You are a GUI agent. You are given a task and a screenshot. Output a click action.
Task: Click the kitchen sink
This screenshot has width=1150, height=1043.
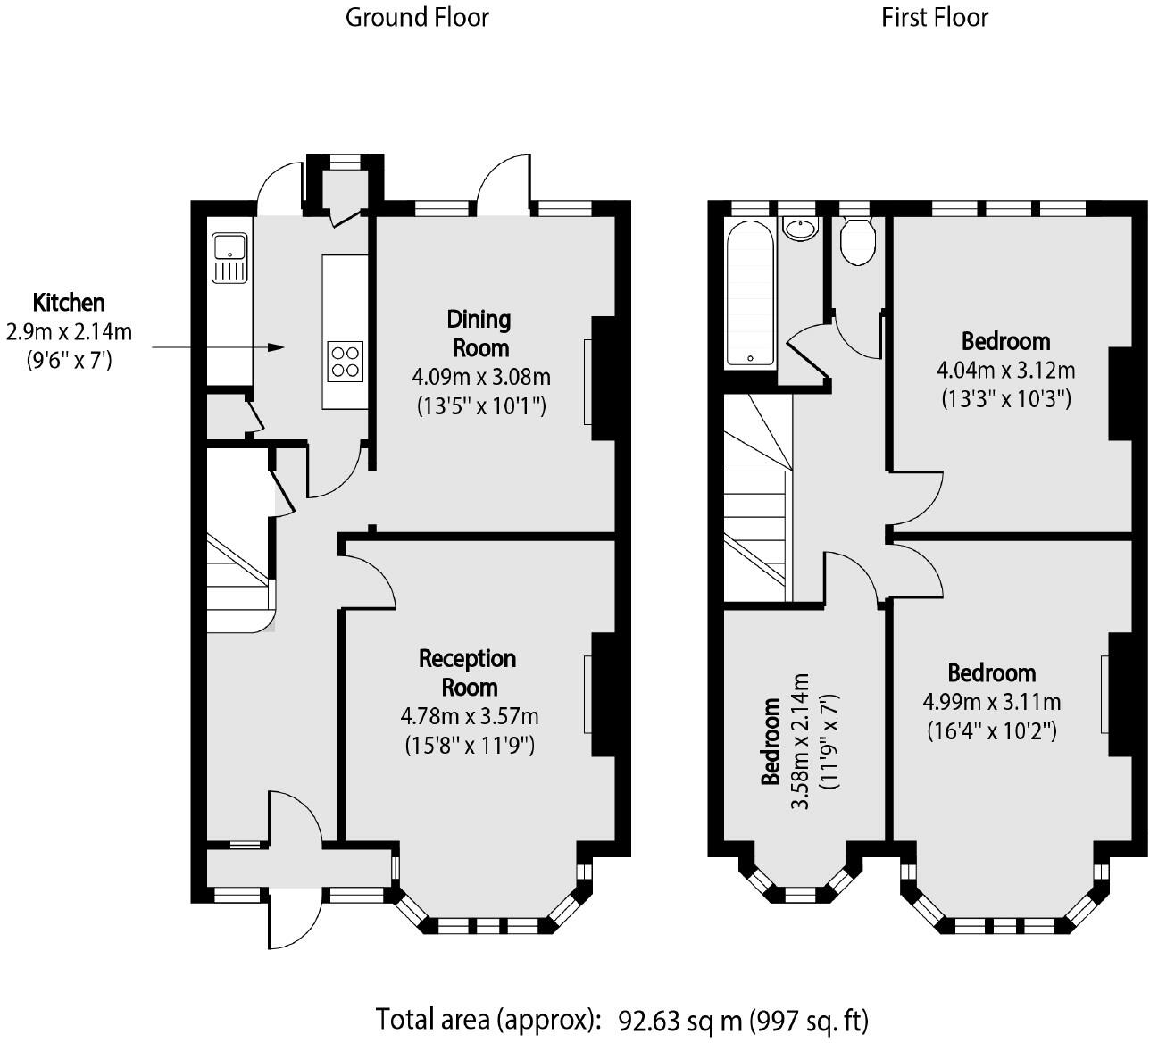pyautogui.click(x=229, y=256)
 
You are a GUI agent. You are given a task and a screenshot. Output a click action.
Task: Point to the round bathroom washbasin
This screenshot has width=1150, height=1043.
pyautogui.click(x=801, y=227)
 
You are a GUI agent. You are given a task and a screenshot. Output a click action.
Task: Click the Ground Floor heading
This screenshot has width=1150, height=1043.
pyautogui.click(x=417, y=17)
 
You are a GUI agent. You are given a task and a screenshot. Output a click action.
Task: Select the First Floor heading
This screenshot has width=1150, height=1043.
pyautogui.click(x=935, y=17)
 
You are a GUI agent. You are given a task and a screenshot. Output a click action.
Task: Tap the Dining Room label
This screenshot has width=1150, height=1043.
pyautogui.click(x=479, y=332)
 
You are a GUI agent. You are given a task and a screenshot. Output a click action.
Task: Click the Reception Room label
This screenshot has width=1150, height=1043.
pyautogui.click(x=469, y=672)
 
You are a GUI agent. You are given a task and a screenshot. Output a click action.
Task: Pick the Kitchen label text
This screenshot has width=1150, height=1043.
pyautogui.click(x=69, y=302)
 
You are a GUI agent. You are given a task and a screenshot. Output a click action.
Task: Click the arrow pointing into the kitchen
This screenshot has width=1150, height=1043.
pyautogui.click(x=219, y=346)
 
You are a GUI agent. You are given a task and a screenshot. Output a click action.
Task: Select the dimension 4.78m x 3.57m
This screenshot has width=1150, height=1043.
pyautogui.click(x=470, y=716)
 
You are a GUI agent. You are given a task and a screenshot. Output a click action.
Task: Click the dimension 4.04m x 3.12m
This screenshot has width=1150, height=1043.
pyautogui.click(x=1005, y=370)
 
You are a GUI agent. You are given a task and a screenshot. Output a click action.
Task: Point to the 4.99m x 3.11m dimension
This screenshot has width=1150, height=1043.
pyautogui.click(x=992, y=702)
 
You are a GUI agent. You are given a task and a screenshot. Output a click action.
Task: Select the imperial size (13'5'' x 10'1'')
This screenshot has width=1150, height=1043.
pyautogui.click(x=481, y=406)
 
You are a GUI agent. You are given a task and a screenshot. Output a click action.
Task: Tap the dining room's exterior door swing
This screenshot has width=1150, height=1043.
pyautogui.click(x=505, y=183)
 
